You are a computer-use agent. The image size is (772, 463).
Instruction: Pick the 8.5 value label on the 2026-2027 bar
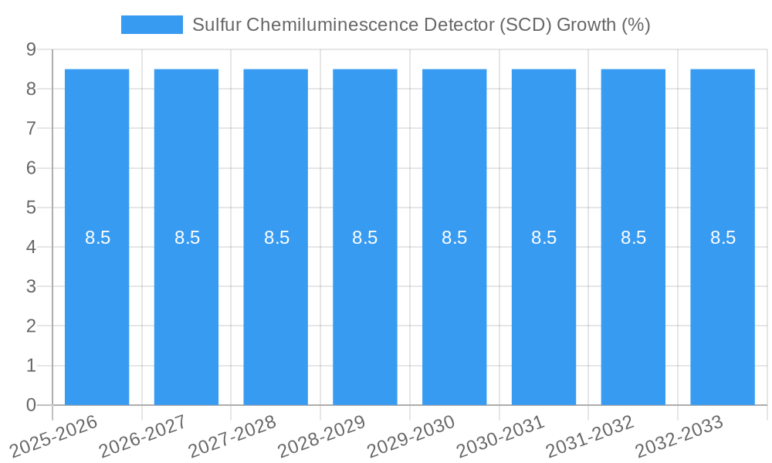point(187,238)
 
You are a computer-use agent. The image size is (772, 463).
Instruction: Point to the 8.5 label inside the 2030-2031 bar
point(543,238)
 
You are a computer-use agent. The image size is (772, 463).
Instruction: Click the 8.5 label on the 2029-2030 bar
point(454,238)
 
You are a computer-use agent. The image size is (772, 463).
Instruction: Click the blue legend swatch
point(151,25)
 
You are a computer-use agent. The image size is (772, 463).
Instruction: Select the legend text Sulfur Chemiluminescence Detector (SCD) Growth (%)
point(421,25)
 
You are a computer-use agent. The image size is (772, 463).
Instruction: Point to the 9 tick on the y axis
point(31,49)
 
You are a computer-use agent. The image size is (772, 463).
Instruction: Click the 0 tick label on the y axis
point(31,405)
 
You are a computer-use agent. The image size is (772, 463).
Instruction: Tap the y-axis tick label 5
point(31,208)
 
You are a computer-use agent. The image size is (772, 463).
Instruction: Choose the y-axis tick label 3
point(31,286)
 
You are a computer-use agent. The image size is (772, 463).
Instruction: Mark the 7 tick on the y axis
point(31,128)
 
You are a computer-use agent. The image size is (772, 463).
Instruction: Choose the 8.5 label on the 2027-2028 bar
point(276,238)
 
